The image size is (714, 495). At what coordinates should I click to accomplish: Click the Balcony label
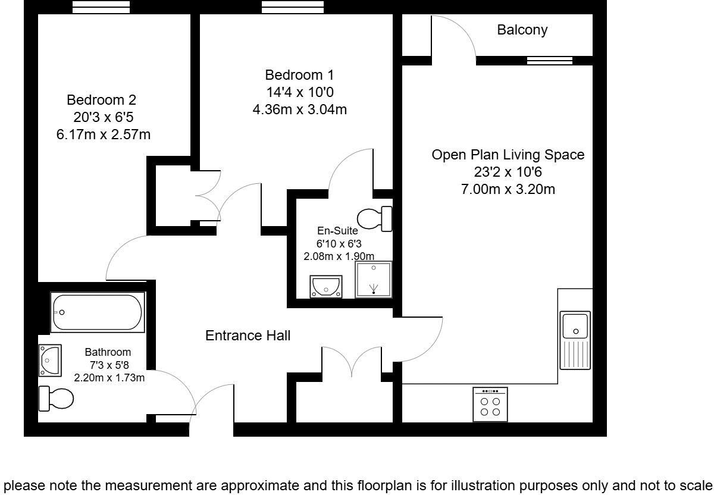[x=522, y=30]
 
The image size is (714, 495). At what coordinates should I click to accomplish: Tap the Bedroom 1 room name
[x=299, y=76]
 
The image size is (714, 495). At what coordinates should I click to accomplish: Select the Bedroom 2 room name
[x=97, y=99]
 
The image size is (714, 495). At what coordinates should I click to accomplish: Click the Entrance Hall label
[x=248, y=336]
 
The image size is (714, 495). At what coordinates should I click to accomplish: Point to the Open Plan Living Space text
[x=508, y=155]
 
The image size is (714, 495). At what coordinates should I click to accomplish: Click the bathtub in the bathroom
[x=98, y=312]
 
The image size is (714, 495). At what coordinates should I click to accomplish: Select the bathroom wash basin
[x=49, y=360]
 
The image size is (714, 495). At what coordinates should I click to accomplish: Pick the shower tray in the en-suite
[x=374, y=279]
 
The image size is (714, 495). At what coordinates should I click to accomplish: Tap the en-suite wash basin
[x=326, y=286]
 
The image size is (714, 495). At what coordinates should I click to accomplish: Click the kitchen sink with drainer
[x=575, y=340]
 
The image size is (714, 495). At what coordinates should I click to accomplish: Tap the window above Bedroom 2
[x=101, y=7]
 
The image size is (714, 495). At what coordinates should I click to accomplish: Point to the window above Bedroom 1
[x=293, y=7]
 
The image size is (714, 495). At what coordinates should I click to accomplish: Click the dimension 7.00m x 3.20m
[x=508, y=189]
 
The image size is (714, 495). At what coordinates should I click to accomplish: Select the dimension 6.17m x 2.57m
[x=104, y=134]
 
